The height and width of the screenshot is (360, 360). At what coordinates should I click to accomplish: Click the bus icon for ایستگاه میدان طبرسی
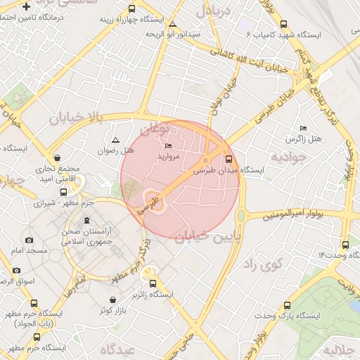[227, 158]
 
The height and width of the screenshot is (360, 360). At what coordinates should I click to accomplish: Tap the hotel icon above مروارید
[168, 146]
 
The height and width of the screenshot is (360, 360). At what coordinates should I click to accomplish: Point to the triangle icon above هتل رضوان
[116, 141]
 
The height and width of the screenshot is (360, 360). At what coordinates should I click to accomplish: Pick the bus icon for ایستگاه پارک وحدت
[286, 306]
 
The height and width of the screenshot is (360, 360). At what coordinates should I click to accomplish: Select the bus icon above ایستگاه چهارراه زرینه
[131, 9]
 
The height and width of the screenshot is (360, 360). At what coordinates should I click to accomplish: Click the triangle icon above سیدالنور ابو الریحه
[173, 25]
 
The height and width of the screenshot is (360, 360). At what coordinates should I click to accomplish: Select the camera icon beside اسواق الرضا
[16, 270]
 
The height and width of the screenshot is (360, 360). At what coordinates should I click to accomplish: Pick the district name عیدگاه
[117, 349]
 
